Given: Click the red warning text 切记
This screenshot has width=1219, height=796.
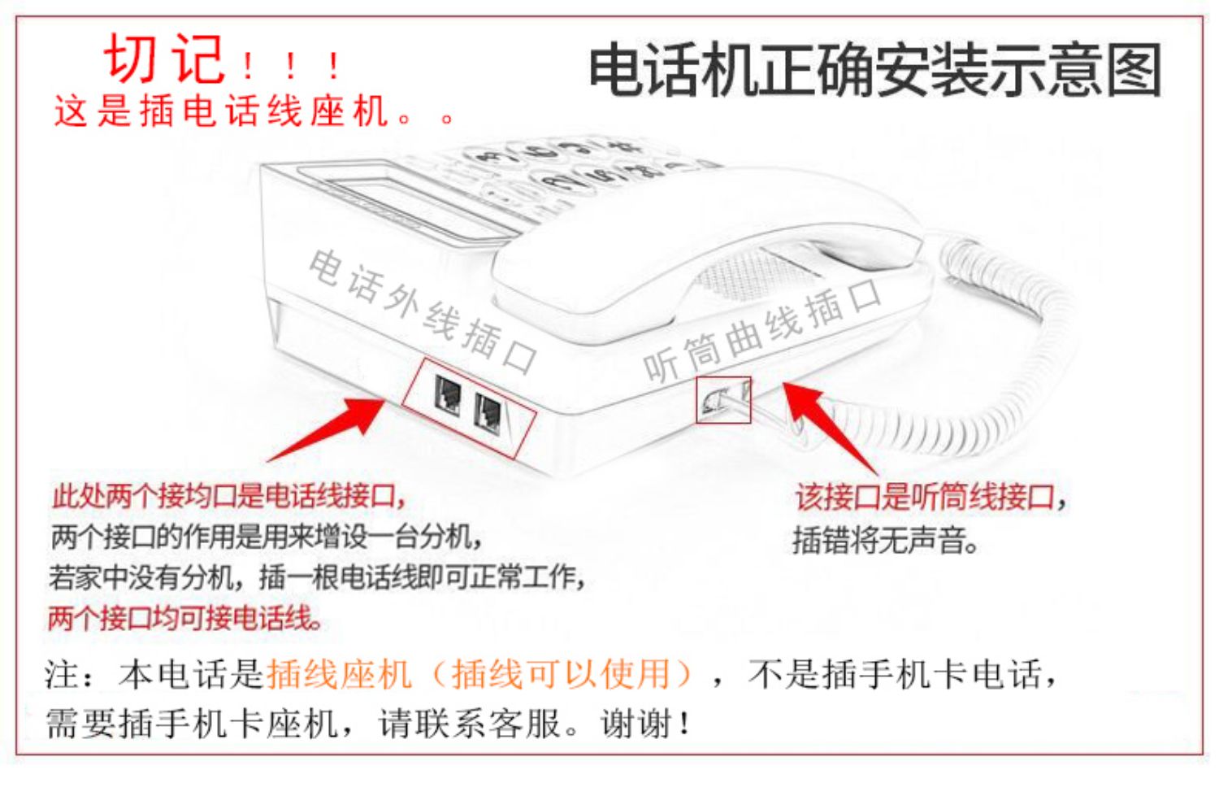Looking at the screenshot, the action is click(x=165, y=59).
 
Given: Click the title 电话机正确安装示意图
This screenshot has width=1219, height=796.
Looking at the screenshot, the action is click(x=874, y=71).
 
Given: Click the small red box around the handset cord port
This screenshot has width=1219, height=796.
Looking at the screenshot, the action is click(x=722, y=400).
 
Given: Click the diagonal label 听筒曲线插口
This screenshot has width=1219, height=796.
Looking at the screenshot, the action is click(x=761, y=329).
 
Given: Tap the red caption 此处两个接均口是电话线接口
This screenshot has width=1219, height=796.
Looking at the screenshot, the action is click(x=228, y=495).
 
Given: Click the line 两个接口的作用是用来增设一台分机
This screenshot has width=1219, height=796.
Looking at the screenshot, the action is click(x=267, y=536).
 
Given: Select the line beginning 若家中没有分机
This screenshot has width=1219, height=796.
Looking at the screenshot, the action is click(x=317, y=576).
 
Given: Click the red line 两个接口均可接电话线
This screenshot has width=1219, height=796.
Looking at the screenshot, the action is click(x=185, y=618).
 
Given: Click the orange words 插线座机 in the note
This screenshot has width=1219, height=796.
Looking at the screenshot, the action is click(x=338, y=674).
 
